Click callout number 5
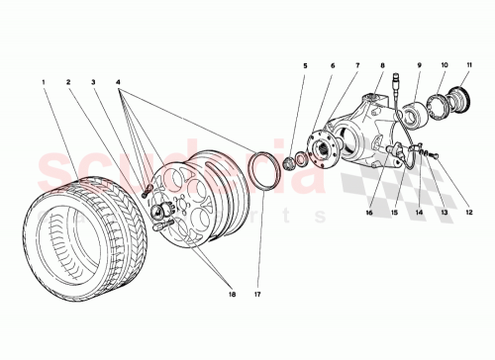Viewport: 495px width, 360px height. pyautogui.click(x=306, y=67)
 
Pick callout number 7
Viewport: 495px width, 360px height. pyautogui.click(x=357, y=67)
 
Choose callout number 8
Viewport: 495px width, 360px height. pyautogui.click(x=383, y=67)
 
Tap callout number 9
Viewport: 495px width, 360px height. pyautogui.click(x=419, y=67)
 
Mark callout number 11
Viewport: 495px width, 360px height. pyautogui.click(x=468, y=67)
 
